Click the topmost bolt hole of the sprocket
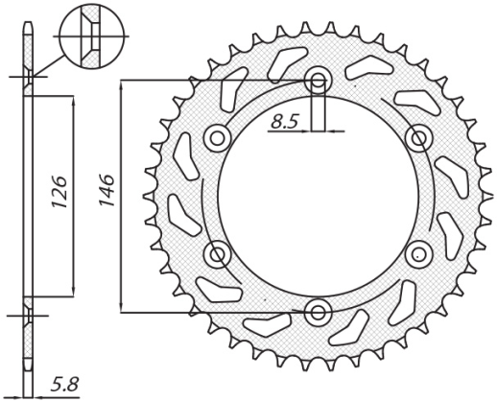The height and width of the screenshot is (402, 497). pyautogui.click(x=319, y=80)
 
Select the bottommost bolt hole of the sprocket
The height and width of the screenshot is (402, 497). pyautogui.click(x=319, y=310)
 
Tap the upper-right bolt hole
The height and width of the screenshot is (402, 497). pyautogui.click(x=418, y=137)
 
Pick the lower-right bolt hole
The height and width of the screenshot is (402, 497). pyautogui.click(x=418, y=253)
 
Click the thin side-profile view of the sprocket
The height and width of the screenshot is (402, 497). pyautogui.click(x=29, y=211)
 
